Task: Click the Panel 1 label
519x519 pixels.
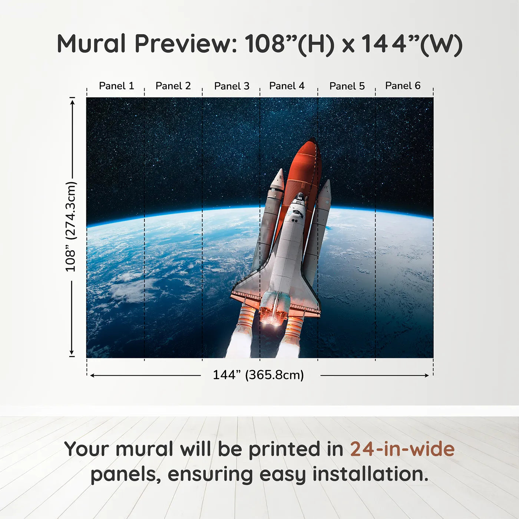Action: (116, 86)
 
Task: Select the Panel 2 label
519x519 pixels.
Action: (173, 86)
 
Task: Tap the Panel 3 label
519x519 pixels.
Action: (232, 86)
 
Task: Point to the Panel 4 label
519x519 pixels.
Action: (287, 86)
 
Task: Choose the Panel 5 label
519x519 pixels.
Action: (347, 86)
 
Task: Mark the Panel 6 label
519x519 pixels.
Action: (403, 86)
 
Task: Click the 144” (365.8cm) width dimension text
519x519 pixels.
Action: (258, 375)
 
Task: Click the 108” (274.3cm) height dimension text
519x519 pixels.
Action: (70, 227)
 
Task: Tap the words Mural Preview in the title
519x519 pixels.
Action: (146, 44)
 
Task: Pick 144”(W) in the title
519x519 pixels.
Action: (411, 44)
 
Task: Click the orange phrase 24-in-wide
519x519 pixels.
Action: (402, 449)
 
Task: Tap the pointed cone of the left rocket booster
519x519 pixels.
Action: (281, 171)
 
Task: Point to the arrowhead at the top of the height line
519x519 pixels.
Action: (72, 101)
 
